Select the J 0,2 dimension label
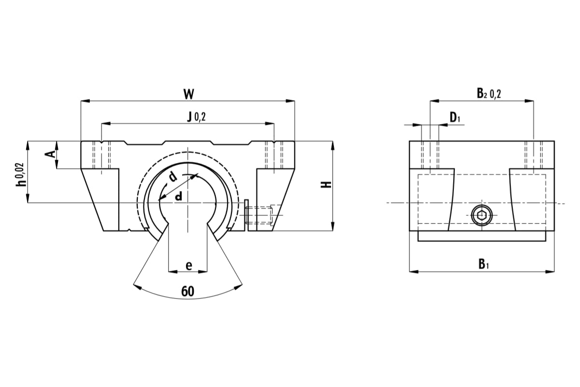pyautogui.click(x=196, y=116)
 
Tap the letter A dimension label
pyautogui.click(x=49, y=154)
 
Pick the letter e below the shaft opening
pyautogui.click(x=188, y=265)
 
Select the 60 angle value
pyautogui.click(x=188, y=291)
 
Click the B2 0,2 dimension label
pyautogui.click(x=489, y=93)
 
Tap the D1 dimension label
pyautogui.click(x=454, y=117)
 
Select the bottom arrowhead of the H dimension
pyautogui.click(x=333, y=227)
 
